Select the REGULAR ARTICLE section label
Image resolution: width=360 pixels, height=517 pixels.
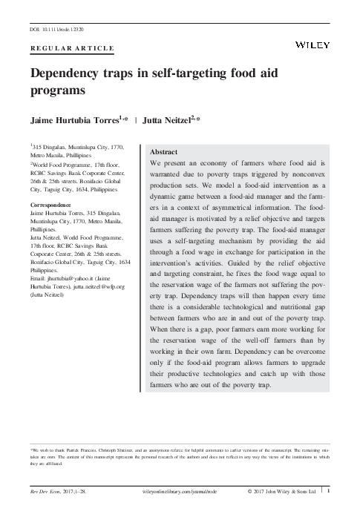coord(72,48)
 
